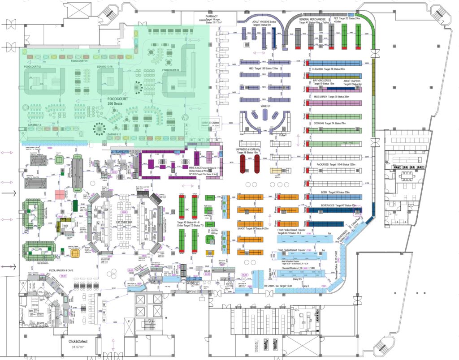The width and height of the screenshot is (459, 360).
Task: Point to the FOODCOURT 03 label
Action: click(x=171, y=70)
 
